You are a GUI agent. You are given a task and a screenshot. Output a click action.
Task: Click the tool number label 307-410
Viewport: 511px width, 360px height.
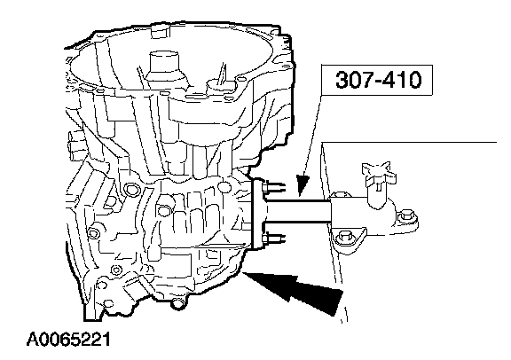378,80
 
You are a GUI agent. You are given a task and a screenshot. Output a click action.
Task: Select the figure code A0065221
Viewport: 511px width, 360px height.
68,340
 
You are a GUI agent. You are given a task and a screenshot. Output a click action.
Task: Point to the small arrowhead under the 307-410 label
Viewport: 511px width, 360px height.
303,185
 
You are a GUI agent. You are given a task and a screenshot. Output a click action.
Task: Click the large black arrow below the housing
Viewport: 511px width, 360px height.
294,289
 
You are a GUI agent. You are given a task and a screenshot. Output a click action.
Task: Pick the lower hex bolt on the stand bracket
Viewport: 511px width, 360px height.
345,236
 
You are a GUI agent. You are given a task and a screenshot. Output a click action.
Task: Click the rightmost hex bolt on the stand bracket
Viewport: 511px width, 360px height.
407,216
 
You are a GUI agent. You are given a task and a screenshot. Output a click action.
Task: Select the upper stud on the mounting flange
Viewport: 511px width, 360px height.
274,187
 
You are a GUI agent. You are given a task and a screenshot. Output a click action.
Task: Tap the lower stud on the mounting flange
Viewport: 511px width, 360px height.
273,239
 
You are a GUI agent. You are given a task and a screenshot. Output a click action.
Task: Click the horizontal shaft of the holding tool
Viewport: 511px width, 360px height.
298,211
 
